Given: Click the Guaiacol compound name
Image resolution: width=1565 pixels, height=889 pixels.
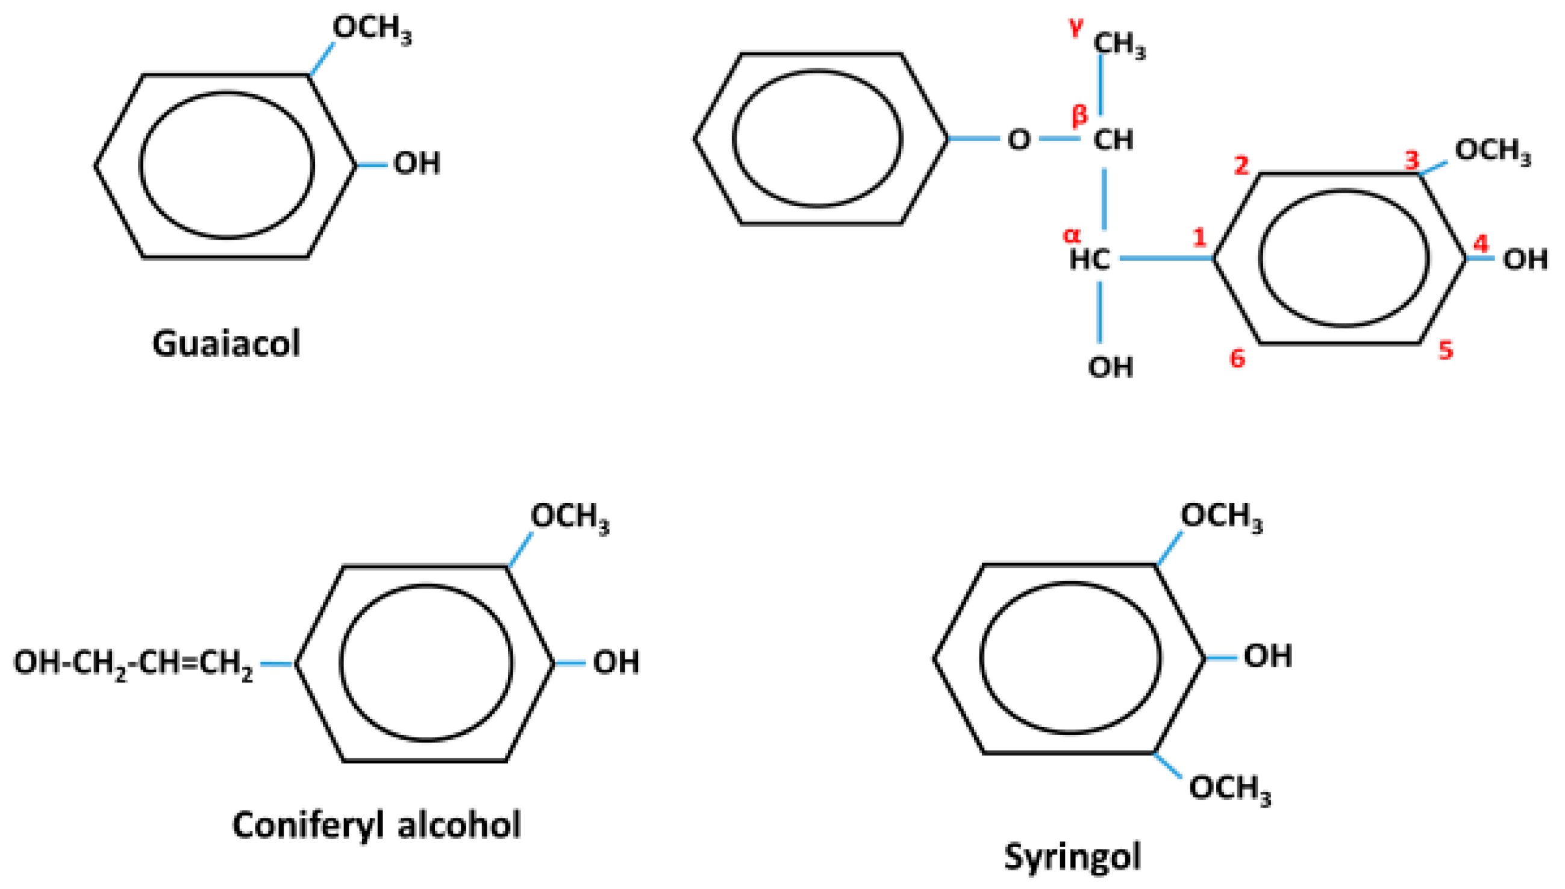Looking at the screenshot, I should click(x=226, y=345).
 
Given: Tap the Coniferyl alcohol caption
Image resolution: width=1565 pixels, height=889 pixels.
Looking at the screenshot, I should click(x=376, y=826).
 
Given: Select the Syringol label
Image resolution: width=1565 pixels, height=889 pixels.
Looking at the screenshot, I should click(x=1072, y=856).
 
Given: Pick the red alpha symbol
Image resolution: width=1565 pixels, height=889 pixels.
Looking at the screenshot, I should click(x=1072, y=234).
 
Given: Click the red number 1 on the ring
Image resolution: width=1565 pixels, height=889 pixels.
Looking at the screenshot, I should click(x=1200, y=237).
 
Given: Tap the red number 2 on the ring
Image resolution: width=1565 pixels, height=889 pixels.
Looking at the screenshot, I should click(x=1242, y=165).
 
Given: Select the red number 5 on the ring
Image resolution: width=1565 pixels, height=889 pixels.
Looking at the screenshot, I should click(x=1446, y=351).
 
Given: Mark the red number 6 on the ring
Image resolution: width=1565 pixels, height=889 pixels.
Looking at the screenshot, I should click(x=1237, y=358).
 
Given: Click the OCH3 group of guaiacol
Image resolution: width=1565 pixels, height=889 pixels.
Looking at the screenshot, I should click(x=372, y=29).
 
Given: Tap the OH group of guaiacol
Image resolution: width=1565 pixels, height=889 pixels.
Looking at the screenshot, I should click(x=417, y=164).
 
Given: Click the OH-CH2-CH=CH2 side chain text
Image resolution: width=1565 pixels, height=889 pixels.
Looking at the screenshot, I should click(x=133, y=664).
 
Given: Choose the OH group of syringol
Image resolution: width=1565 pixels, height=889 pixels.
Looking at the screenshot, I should click(x=1268, y=657).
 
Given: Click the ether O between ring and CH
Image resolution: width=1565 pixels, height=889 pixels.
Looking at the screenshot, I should click(x=1019, y=140).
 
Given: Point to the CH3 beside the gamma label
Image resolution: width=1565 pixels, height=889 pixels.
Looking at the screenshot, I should click(x=1119, y=44).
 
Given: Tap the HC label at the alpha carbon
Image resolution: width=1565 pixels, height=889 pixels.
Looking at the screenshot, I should click(x=1089, y=260).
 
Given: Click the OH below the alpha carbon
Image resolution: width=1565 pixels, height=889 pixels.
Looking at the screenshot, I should click(x=1110, y=367).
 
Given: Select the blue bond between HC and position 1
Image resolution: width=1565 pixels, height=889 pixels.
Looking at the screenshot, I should click(x=1166, y=259).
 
